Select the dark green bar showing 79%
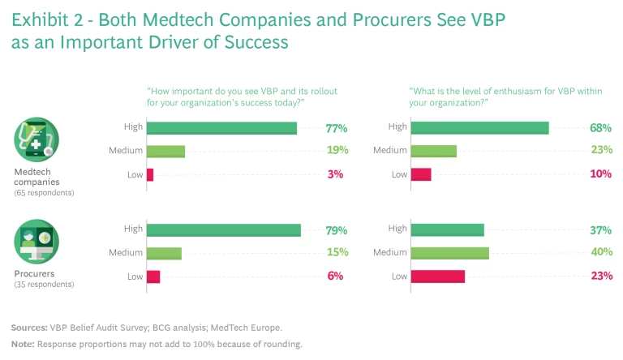pyautogui.click(x=224, y=230)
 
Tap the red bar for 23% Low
pyautogui.click(x=438, y=276)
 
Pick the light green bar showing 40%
pyautogui.click(x=450, y=253)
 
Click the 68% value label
pyautogui.click(x=601, y=128)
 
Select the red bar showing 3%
pyautogui.click(x=150, y=174)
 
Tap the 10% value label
pyautogui.click(x=601, y=174)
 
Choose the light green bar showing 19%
pyautogui.click(x=165, y=151)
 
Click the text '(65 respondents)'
pyautogui.click(x=44, y=193)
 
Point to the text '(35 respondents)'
pyautogui.click(x=44, y=285)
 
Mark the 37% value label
pyautogui.click(x=601, y=230)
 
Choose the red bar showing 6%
pyautogui.click(x=153, y=276)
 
